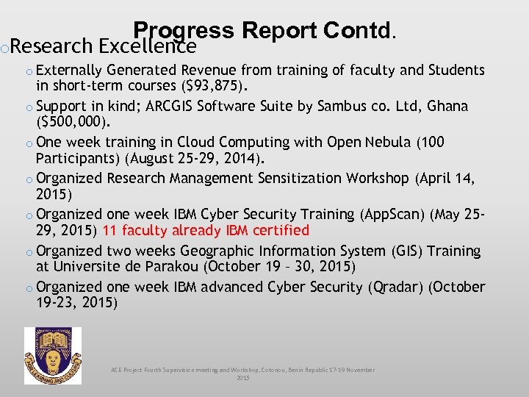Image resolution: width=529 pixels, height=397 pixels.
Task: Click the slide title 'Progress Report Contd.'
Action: (265, 31)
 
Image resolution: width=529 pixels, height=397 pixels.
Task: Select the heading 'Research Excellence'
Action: (104, 47)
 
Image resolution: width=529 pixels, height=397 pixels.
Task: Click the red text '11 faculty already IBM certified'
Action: (206, 230)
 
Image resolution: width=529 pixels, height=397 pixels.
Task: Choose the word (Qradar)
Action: (397, 287)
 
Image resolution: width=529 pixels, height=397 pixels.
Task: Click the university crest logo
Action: (53, 356)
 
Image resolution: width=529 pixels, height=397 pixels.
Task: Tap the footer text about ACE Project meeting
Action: (242, 373)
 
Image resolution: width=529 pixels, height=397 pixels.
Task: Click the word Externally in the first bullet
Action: (69, 70)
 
